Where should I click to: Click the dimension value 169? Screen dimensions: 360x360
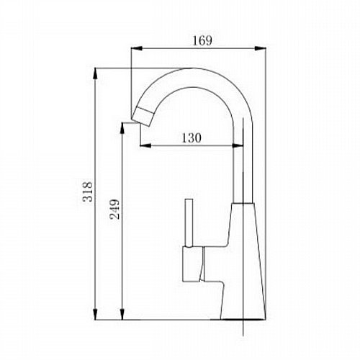point(202,41)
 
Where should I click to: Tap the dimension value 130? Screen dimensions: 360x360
point(192,138)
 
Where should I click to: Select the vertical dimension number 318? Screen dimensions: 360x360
point(87,192)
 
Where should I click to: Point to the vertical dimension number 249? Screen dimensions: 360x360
point(114,209)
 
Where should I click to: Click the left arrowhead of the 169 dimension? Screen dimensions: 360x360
point(137,48)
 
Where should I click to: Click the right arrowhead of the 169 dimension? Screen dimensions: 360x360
point(260,48)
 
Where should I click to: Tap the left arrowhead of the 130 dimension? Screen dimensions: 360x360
point(145,145)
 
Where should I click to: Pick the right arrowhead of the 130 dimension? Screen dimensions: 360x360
point(238,145)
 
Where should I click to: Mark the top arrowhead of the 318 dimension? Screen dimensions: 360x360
point(95,74)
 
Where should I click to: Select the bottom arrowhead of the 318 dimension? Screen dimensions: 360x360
point(95,314)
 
